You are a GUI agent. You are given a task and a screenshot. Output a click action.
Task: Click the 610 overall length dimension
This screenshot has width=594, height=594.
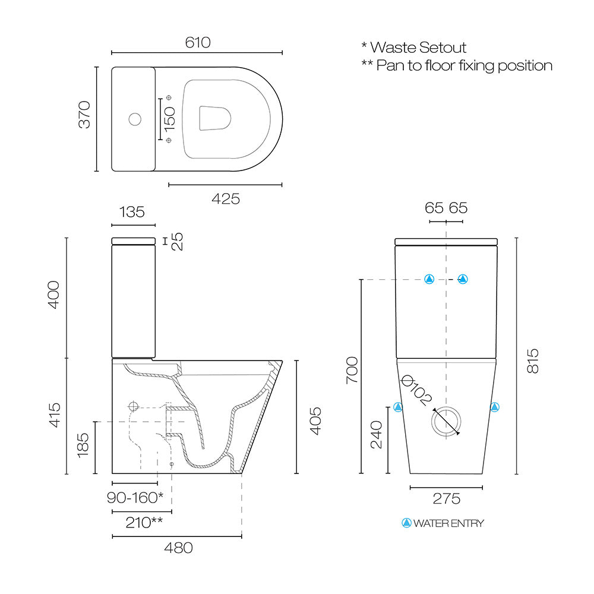[x=198, y=42]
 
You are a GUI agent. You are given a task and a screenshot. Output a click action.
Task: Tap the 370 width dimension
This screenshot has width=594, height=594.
[x=84, y=115]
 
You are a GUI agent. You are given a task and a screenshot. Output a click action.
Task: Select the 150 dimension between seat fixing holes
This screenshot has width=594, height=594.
[x=170, y=119]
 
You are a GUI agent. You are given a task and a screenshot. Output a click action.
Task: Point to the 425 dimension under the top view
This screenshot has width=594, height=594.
[x=226, y=199]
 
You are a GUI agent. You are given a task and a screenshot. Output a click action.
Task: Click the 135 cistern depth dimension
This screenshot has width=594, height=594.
[x=132, y=212]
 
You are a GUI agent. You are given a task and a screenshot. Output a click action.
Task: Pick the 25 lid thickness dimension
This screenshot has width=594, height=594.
[x=177, y=241]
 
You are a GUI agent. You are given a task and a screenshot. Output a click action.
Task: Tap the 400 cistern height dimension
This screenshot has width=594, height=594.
[x=53, y=295]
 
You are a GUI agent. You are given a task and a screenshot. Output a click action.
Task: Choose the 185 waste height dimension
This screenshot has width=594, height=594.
[x=83, y=445]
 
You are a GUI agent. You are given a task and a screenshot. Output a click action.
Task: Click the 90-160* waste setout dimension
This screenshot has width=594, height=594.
[x=135, y=497]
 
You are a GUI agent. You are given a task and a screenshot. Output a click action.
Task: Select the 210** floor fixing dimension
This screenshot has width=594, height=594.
[x=144, y=522]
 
